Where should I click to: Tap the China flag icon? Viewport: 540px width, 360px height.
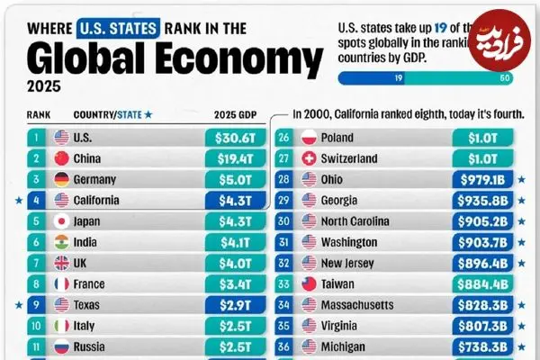point(62,159)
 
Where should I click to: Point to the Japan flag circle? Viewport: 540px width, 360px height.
point(62,221)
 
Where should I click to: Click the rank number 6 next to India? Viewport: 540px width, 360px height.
point(35,242)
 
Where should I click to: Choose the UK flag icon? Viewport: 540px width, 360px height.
point(62,263)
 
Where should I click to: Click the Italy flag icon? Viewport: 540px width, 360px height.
point(62,326)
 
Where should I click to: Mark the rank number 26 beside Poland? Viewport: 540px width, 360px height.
point(284,139)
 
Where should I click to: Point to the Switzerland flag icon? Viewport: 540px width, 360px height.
point(310,159)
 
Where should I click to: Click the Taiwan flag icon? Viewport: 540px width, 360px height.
point(310,283)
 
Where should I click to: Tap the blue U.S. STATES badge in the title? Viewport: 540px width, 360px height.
point(119,28)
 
